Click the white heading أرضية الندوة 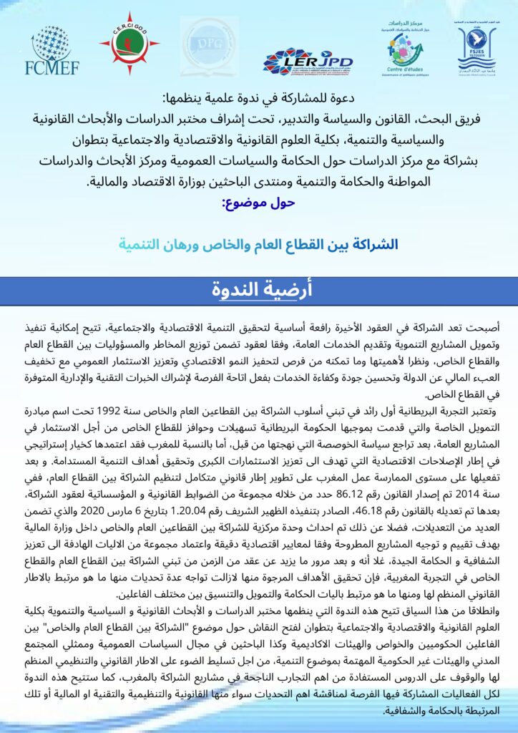259,289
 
